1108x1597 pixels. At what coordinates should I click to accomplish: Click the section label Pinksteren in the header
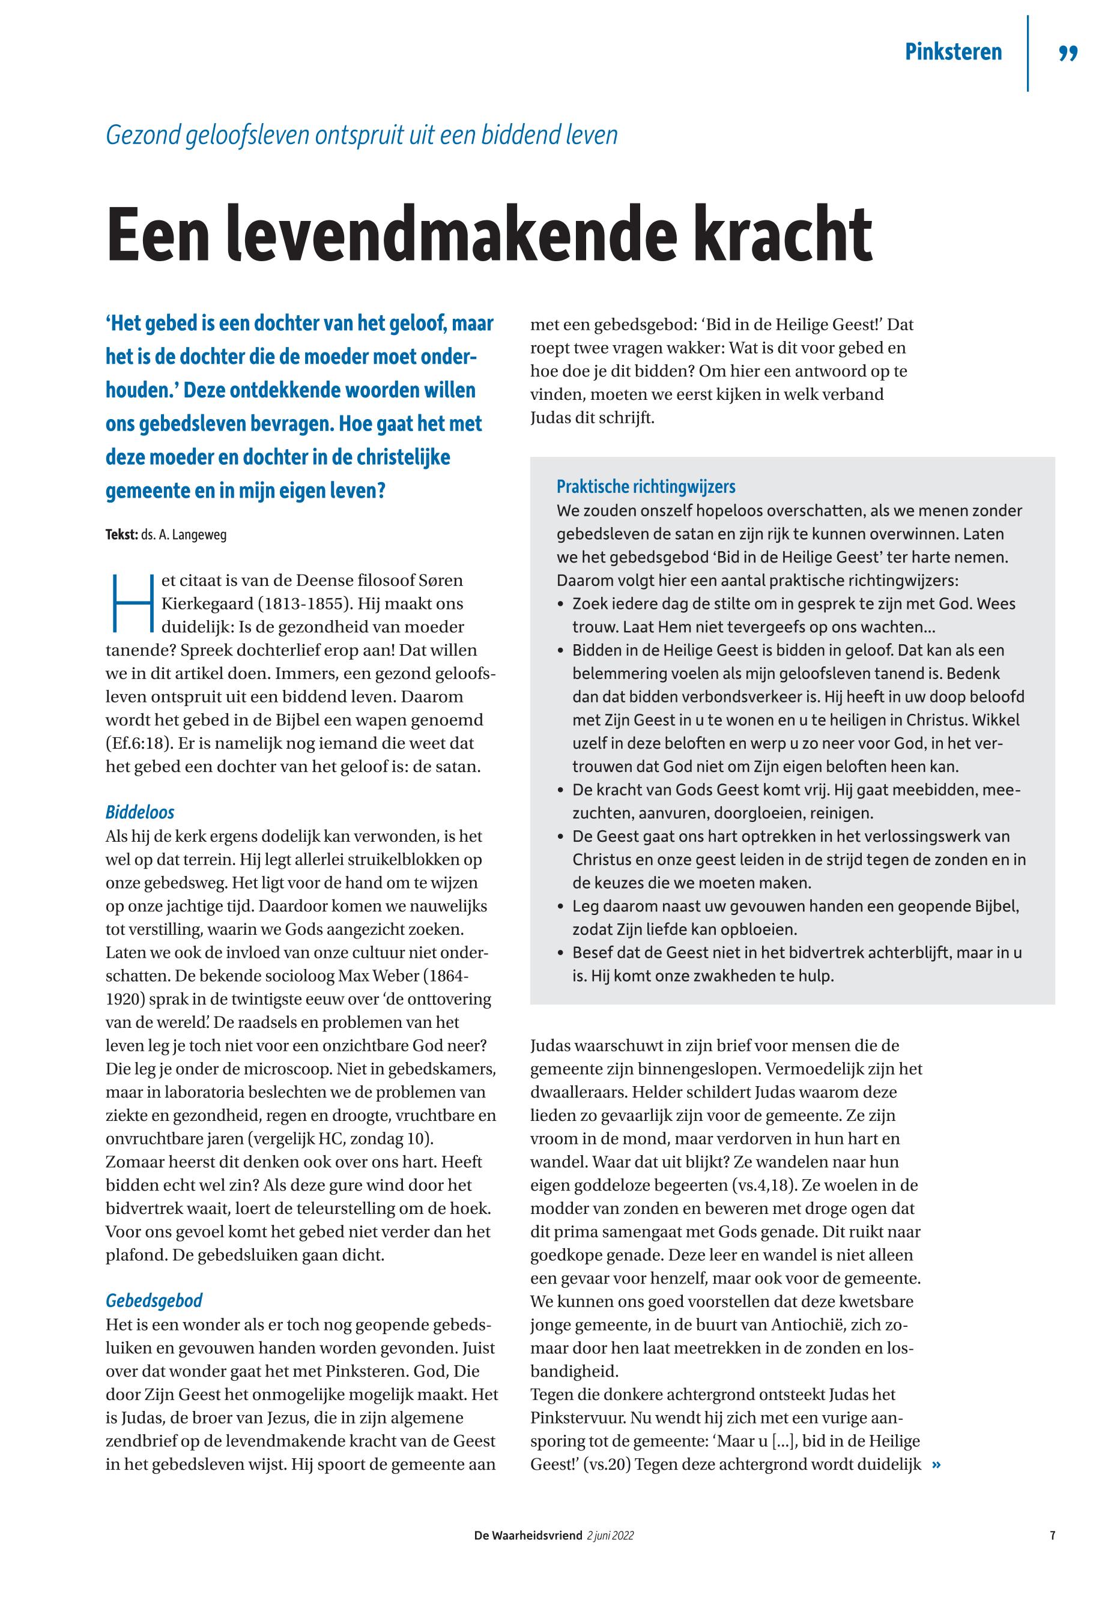pyautogui.click(x=952, y=52)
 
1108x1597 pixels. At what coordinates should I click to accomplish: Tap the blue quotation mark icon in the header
pyautogui.click(x=1068, y=53)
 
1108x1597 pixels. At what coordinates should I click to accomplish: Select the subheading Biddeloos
pyautogui.click(x=139, y=812)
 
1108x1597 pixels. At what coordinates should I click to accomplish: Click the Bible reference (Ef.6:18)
pyautogui.click(x=139, y=743)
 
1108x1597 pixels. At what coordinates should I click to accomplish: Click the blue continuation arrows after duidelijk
pyautogui.click(x=936, y=1464)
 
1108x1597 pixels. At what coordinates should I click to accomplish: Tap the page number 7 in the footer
pyautogui.click(x=1053, y=1536)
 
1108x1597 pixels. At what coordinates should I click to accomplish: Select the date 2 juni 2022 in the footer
pyautogui.click(x=610, y=1536)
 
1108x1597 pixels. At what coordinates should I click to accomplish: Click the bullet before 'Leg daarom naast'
pyautogui.click(x=560, y=907)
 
